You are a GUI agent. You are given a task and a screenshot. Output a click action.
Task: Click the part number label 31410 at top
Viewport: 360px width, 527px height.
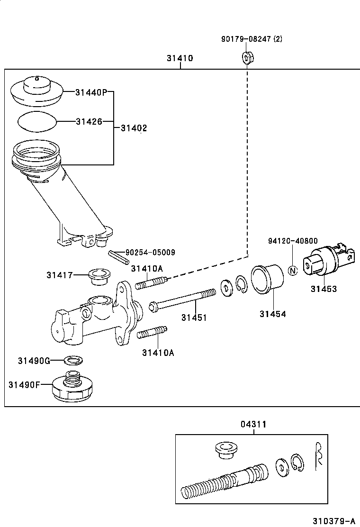(x=180, y=59)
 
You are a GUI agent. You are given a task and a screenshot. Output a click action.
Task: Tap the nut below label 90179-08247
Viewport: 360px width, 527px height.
(x=246, y=58)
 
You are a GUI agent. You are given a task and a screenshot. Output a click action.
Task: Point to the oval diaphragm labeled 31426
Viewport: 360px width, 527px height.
(x=37, y=121)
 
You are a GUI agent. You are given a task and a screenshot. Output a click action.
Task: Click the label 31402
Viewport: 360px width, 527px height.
(x=134, y=128)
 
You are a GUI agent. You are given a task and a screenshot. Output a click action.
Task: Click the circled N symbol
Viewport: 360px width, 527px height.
(x=292, y=271)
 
